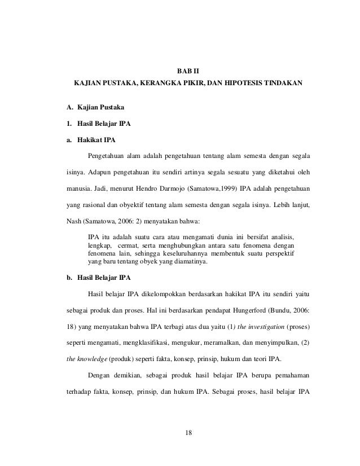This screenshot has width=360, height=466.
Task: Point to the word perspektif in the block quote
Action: pyautogui.click(x=282, y=254)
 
